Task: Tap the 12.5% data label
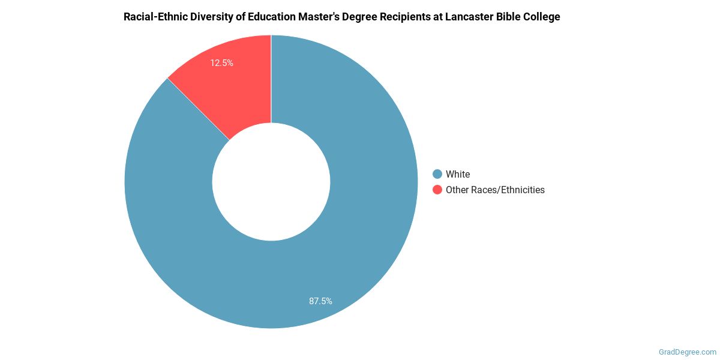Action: [221, 62]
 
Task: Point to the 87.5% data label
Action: [320, 301]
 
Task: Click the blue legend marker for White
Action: [437, 174]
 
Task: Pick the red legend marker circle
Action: [437, 190]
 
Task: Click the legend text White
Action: [458, 174]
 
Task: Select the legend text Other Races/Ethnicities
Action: [495, 190]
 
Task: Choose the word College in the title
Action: [542, 17]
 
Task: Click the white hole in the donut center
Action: [271, 182]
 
